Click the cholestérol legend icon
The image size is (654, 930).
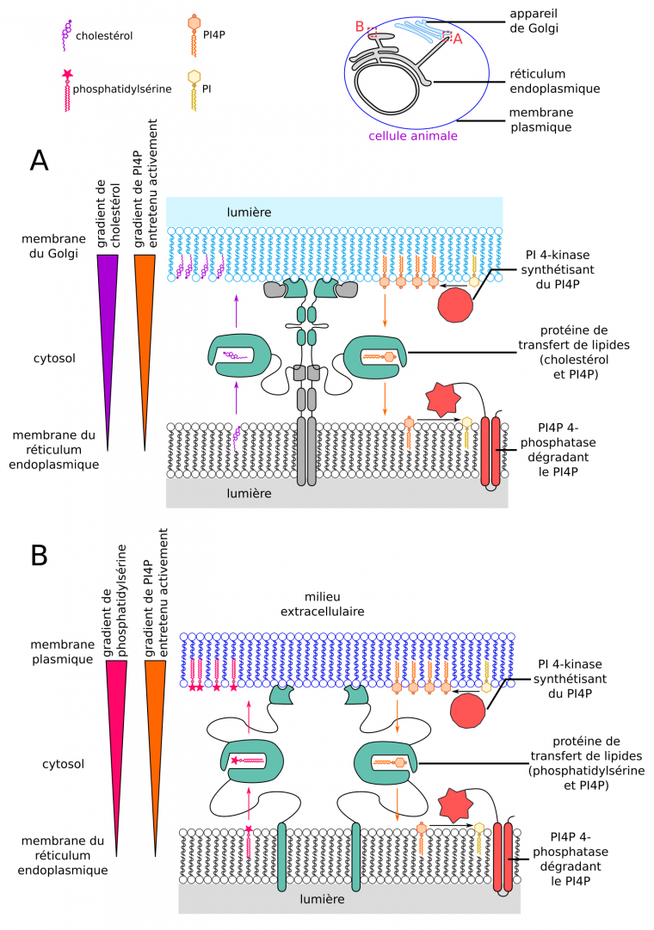[x=65, y=34]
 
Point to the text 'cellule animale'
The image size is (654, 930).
[x=412, y=136]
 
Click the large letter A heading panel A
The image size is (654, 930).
[x=38, y=160]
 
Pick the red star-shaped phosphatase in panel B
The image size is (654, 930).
[x=459, y=804]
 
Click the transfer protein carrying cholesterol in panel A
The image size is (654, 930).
[x=238, y=355]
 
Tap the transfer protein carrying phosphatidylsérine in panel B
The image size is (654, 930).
[x=250, y=761]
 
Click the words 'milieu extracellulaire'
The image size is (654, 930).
[x=318, y=604]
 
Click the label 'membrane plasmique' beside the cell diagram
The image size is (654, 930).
[x=541, y=120]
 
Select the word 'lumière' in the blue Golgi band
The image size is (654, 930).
[x=250, y=211]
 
